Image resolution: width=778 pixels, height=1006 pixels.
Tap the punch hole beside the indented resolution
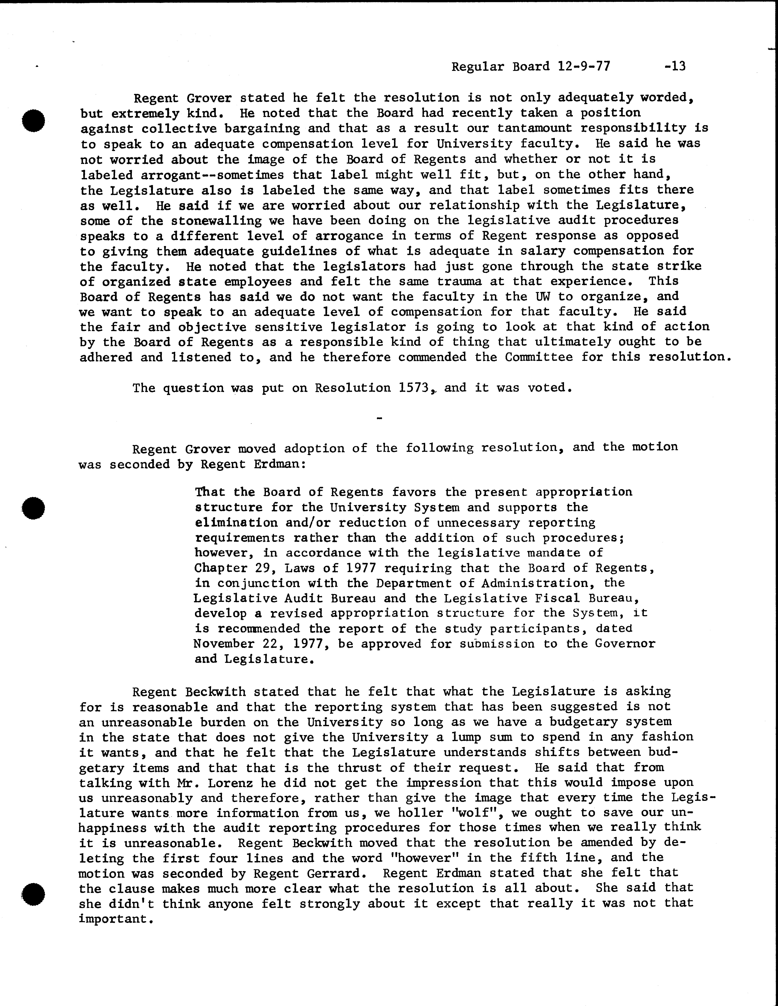tap(33, 508)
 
